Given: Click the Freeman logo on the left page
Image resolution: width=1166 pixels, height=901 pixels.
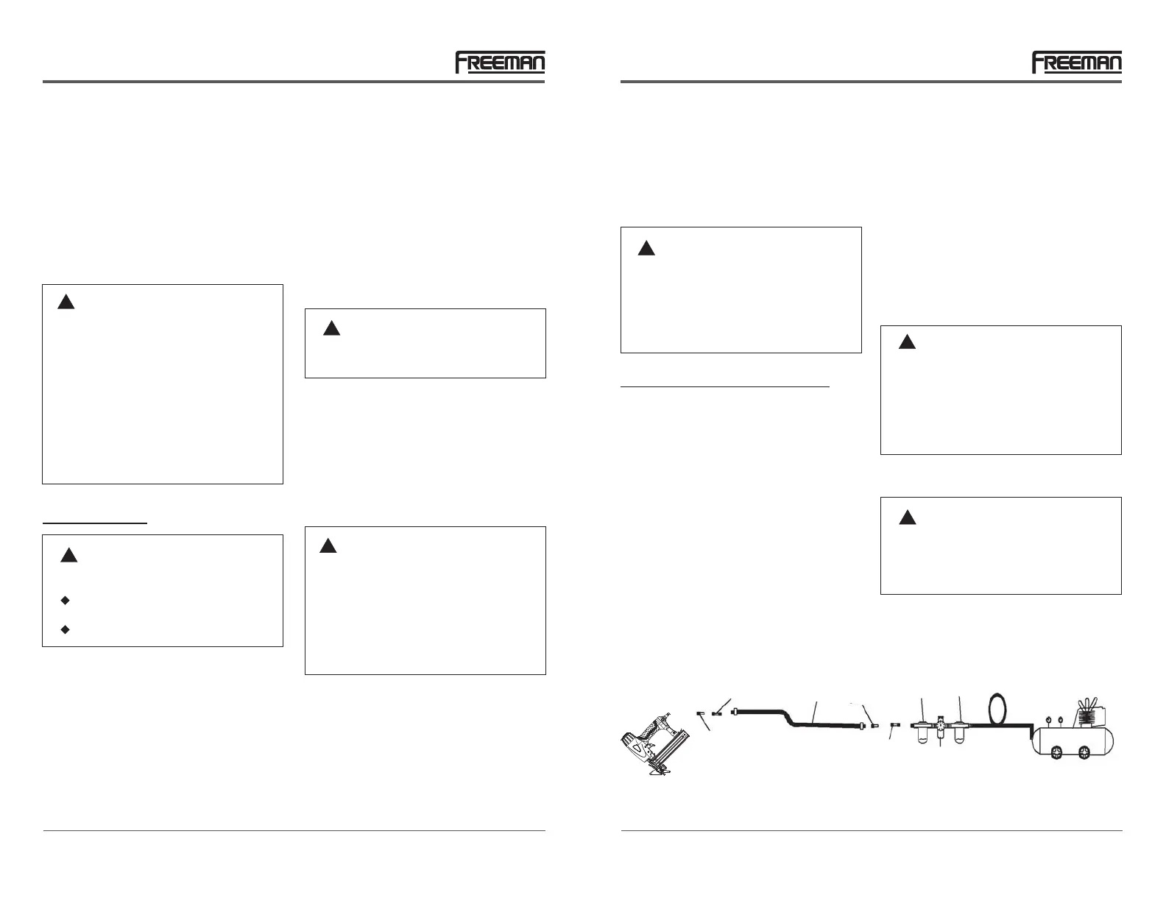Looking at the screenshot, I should (500, 63).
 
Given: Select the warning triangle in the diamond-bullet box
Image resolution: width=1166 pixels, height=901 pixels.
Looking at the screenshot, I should (68, 555).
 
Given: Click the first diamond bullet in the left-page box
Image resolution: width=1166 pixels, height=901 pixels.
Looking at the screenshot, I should (66, 601).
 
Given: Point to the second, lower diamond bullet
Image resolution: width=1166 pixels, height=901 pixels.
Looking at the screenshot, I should (66, 629).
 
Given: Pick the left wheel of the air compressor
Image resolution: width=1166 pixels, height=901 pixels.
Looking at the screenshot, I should (1056, 752).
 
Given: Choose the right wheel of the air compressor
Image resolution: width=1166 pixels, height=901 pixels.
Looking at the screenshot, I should (1084, 752).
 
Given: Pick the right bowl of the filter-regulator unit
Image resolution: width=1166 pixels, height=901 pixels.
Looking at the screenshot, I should (958, 733).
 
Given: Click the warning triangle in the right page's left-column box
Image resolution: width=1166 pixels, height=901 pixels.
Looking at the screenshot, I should (646, 248).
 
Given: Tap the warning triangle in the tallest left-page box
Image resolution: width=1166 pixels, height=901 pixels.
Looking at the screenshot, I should (66, 302).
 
